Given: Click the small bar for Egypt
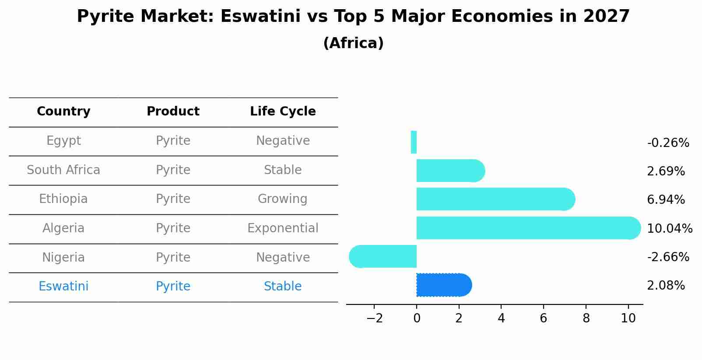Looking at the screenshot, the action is coord(414,142).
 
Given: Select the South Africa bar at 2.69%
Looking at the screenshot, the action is coord(451,171).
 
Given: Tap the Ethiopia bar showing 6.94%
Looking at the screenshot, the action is coord(496,199).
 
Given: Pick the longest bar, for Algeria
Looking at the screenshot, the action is coord(529,228).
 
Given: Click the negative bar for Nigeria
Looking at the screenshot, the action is coord(383,257).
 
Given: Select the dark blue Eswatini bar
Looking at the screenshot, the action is coord(444,285).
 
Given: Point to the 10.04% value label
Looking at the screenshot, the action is coord(670,228).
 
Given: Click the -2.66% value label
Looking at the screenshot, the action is coord(668,257).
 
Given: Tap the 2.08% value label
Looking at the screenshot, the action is coord(666,286).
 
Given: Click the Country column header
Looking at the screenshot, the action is coord(63,111).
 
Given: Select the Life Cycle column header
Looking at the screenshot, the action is coord(283,111).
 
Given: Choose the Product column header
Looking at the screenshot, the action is coord(173,111).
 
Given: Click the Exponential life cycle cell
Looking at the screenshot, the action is coord(283,228).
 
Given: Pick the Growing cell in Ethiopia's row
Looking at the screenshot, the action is coord(283,199).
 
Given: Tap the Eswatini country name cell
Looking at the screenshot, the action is coord(63,286).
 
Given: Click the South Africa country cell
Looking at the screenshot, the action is coord(63,170).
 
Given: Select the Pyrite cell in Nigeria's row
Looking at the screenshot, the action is coord(173,257).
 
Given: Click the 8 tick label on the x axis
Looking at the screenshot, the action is coord(586,318).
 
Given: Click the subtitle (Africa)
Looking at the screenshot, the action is coord(353,43).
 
